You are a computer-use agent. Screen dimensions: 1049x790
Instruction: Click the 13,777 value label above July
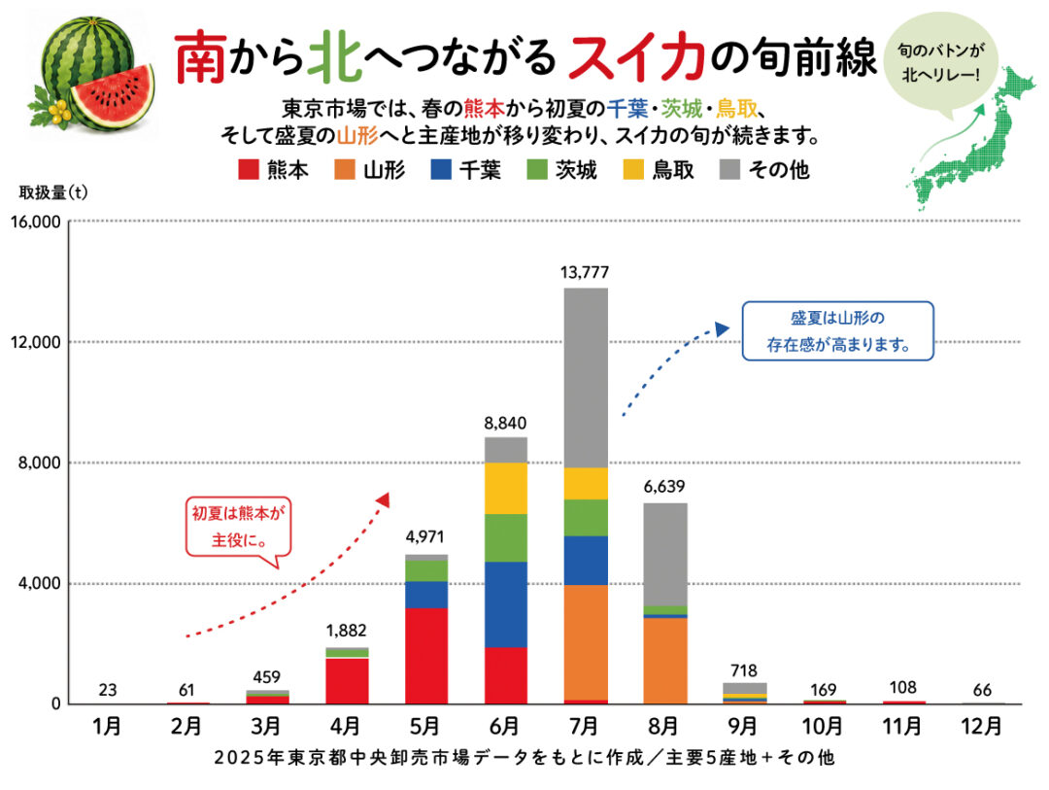pos(585,272)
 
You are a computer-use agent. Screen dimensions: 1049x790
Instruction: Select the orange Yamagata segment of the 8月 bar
pos(665,660)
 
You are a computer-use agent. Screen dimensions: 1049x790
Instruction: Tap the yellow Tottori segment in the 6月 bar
pos(506,489)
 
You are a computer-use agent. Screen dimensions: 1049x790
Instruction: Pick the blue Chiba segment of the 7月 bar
pos(586,561)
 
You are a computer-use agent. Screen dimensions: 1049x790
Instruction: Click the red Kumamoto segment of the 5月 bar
pos(426,656)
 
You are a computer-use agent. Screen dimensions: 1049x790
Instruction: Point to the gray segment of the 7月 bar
pos(586,378)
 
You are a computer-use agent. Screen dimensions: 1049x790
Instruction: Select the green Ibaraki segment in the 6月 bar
pos(506,538)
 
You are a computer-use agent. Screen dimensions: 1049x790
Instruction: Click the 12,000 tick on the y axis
pos(36,342)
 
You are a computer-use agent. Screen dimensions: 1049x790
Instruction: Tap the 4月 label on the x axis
pos(345,726)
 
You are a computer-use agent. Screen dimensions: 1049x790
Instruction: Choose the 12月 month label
pos(981,726)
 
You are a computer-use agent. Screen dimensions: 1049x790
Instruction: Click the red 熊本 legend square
pos(249,169)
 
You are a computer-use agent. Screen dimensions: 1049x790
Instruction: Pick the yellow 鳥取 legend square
pos(633,169)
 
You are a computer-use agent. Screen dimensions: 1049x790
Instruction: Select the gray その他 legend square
pos(729,169)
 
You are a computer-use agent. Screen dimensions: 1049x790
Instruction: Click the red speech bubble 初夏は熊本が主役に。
pos(238,527)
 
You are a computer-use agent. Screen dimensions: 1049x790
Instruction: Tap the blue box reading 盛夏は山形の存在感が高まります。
pos(837,330)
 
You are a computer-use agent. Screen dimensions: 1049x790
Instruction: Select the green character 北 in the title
pos(334,57)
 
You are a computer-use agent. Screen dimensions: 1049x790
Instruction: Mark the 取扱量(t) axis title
pos(53,192)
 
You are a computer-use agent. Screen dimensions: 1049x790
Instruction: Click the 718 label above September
pos(744,670)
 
